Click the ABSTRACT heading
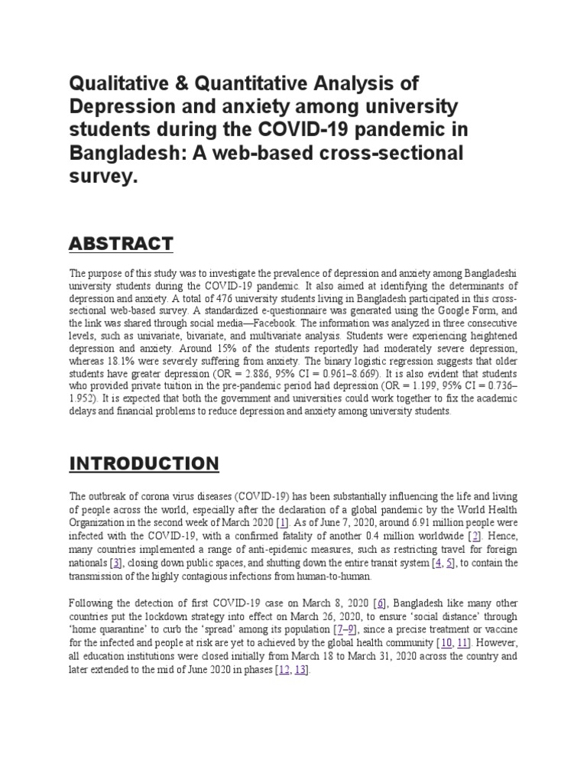[121, 244]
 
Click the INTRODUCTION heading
[144, 463]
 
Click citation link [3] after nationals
[115, 564]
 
